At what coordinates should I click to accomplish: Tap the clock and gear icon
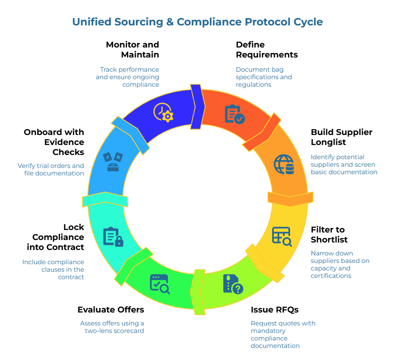163,112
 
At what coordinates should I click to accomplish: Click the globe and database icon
284,165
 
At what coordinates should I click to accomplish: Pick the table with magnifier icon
282,236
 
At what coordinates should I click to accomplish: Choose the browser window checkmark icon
160,284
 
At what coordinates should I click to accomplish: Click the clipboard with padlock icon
113,237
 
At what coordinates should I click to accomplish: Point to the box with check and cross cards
113,162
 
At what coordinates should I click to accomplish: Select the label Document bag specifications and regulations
263,77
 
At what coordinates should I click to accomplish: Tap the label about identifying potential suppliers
344,164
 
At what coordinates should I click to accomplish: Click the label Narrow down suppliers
340,264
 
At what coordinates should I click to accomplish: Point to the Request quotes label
283,334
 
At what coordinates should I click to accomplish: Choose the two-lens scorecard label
112,327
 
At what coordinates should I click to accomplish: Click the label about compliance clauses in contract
53,269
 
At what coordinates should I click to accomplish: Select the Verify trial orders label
51,169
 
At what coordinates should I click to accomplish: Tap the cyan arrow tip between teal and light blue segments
105,200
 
